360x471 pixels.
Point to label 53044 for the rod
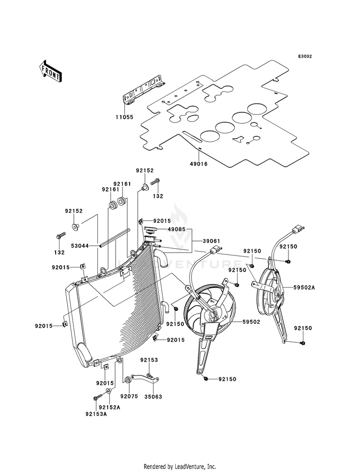click(x=80, y=246)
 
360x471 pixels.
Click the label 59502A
click(x=304, y=287)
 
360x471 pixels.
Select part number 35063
click(x=154, y=397)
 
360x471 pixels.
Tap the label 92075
click(x=129, y=397)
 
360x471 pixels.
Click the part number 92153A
click(x=96, y=414)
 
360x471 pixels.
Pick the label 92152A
click(x=109, y=408)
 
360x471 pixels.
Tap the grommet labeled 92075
click(x=127, y=379)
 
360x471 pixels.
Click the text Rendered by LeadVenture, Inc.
click(x=180, y=467)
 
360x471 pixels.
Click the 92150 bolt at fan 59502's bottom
click(x=205, y=378)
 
